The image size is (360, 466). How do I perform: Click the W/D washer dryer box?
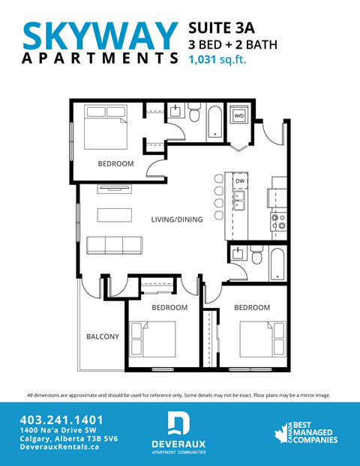pyautogui.click(x=239, y=117)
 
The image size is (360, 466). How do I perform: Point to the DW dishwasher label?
pyautogui.click(x=241, y=182)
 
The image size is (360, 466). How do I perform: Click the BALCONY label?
pyautogui.click(x=102, y=336)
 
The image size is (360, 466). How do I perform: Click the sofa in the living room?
pyautogui.click(x=113, y=245)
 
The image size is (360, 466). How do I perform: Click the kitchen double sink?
pyautogui.click(x=241, y=200)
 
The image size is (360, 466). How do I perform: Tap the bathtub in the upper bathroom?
pyautogui.click(x=215, y=122)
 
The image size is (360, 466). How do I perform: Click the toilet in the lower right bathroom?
pyautogui.click(x=256, y=258)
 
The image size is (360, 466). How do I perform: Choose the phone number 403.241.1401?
pyautogui.click(x=61, y=420)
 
